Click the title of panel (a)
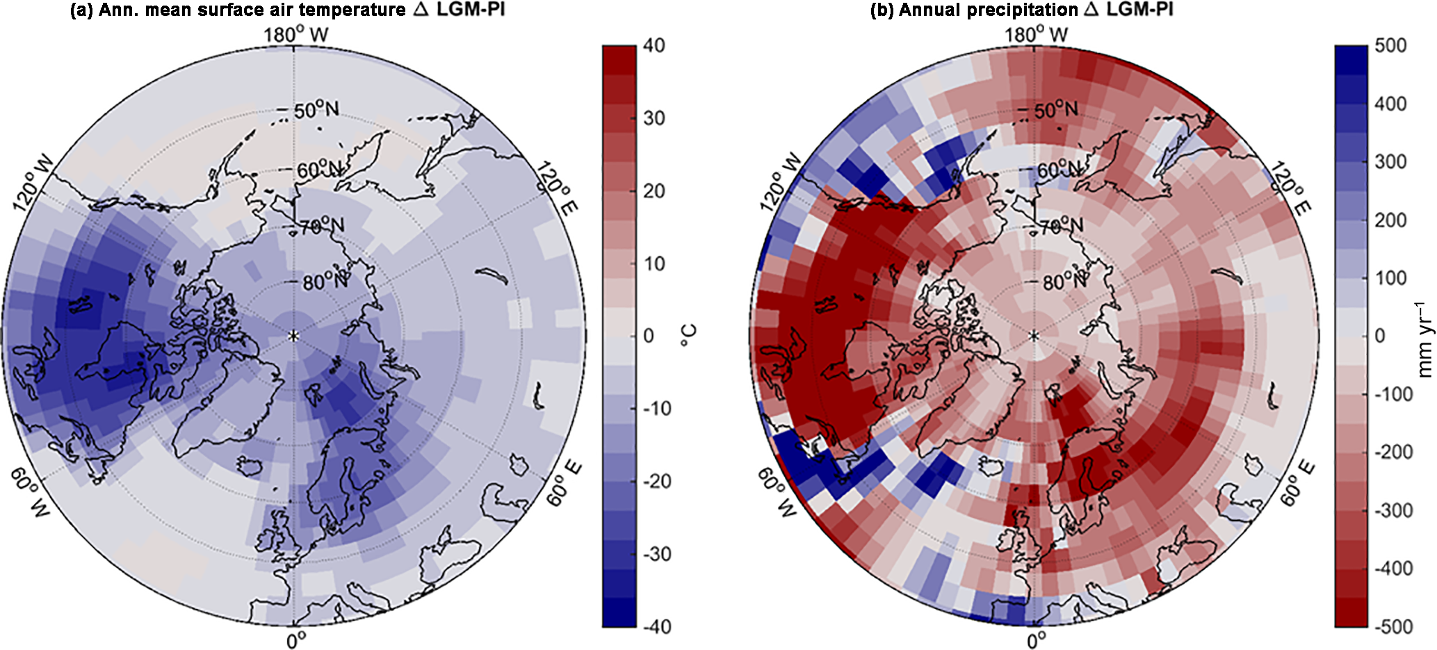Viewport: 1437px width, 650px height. point(288,10)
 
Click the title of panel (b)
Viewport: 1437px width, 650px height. point(1021,10)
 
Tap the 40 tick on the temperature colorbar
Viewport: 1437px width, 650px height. point(654,45)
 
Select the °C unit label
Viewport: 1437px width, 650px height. point(688,336)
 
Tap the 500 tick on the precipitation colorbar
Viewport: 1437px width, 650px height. point(1390,45)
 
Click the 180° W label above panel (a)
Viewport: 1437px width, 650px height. point(295,34)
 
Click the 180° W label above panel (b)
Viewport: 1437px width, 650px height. point(1036,34)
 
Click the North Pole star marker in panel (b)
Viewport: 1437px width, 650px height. point(1034,336)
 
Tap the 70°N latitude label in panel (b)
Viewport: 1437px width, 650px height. point(1061,226)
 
